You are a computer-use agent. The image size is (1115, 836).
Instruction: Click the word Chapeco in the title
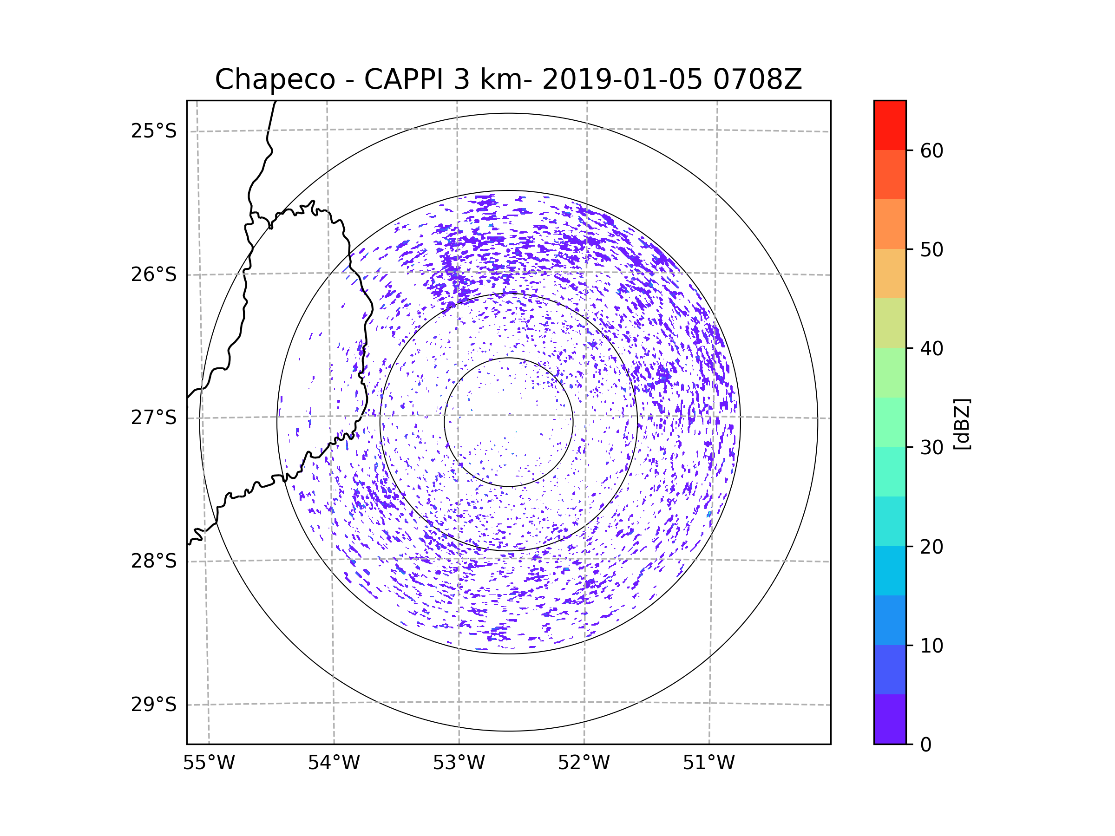(275, 79)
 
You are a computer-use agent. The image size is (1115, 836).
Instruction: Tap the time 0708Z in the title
(757, 79)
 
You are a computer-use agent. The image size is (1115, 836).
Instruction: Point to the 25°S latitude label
(154, 131)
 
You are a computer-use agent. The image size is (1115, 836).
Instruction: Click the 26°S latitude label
(154, 274)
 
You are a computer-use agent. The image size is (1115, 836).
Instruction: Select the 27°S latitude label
(154, 418)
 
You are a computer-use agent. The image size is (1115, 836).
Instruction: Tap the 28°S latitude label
(154, 561)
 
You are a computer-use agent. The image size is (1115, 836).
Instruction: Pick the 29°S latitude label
(154, 705)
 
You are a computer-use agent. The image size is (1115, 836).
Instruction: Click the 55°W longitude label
(209, 763)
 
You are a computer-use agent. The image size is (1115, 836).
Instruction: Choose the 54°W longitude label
(334, 763)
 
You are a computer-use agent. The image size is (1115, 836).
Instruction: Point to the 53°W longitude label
(459, 763)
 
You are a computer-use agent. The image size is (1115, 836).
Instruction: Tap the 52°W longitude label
(584, 763)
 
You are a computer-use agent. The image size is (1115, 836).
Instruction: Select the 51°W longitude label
(708, 763)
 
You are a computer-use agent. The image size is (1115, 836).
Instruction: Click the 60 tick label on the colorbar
(931, 150)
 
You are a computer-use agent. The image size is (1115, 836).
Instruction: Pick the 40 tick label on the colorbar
(931, 349)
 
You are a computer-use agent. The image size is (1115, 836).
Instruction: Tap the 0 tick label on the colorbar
(926, 745)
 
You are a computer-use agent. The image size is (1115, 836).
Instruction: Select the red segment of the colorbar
(890, 125)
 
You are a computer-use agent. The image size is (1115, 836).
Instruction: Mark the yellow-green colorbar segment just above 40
(890, 323)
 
